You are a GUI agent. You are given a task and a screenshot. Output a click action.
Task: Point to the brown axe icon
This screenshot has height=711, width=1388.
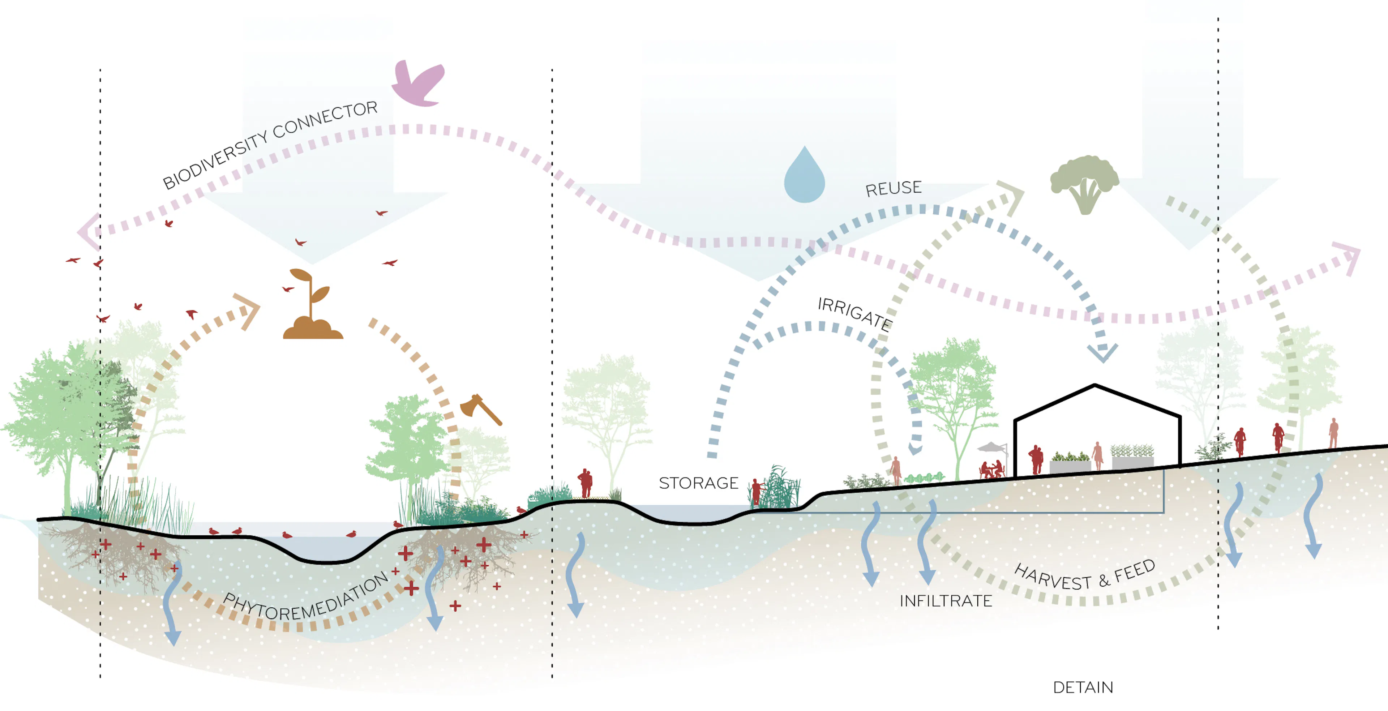pos(480,410)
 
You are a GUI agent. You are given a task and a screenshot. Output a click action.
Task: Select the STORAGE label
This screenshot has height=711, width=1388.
pos(698,483)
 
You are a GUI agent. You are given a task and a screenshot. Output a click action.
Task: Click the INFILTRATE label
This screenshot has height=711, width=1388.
pos(946,601)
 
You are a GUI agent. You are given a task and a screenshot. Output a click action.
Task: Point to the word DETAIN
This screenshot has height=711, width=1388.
pos(1083,687)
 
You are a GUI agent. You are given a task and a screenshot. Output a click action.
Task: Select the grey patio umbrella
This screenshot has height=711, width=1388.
pos(992,447)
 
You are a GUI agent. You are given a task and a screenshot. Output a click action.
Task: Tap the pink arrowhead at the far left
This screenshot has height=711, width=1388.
pos(89,232)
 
